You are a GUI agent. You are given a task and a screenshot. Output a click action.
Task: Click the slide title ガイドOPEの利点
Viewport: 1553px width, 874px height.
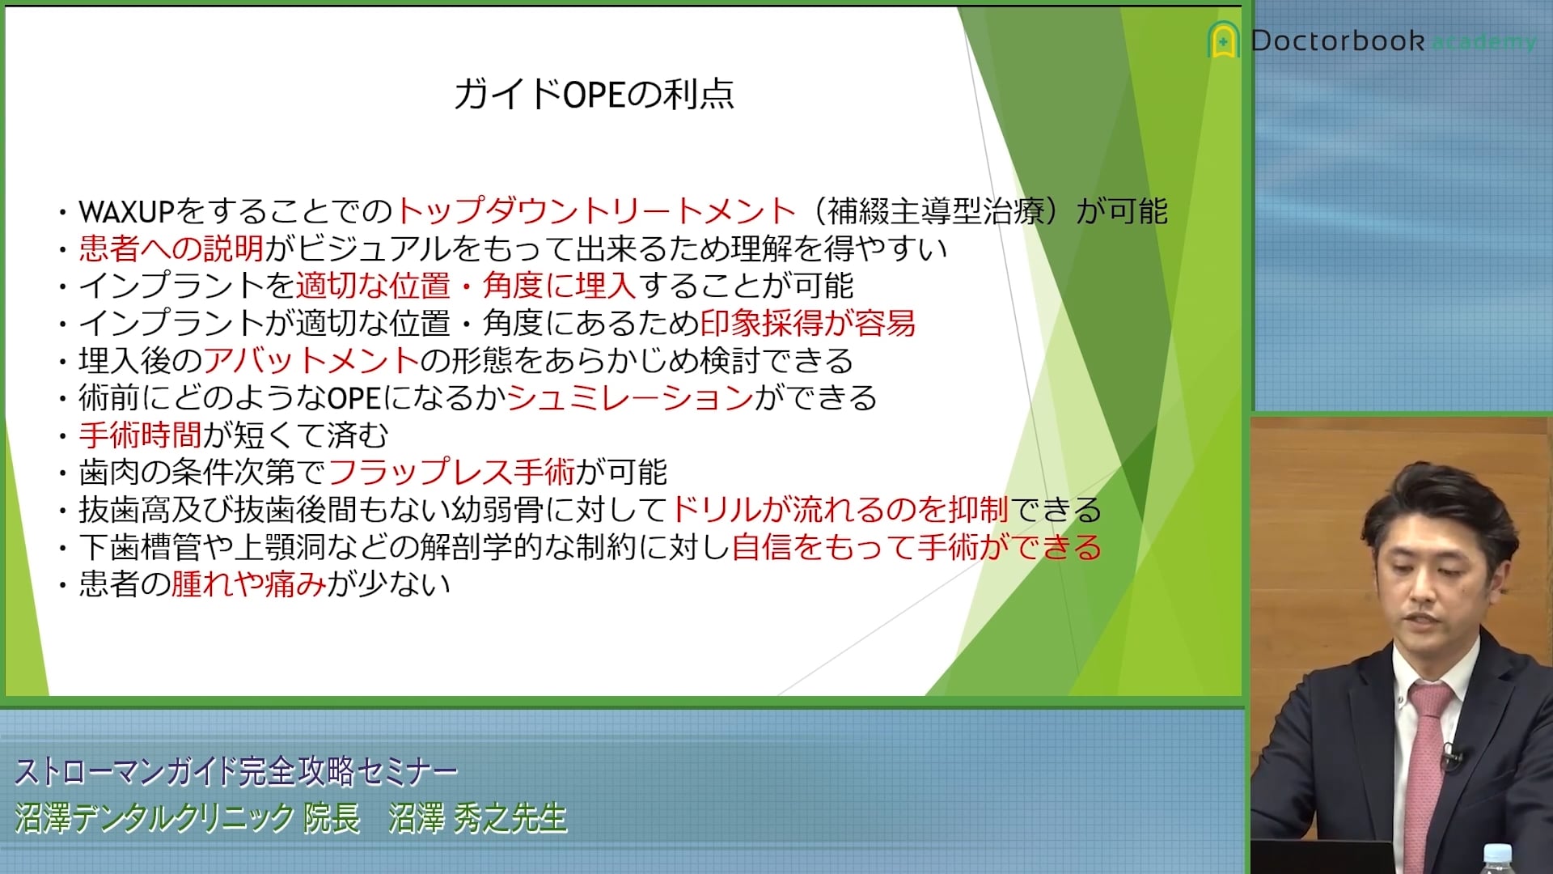pyautogui.click(x=594, y=94)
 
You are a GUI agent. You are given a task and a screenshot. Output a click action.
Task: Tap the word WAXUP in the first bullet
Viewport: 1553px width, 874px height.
pyautogui.click(x=127, y=212)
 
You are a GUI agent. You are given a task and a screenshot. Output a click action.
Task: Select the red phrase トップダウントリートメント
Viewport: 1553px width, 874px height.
pyautogui.click(x=596, y=211)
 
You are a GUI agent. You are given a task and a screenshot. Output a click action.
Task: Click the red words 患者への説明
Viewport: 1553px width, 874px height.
pyautogui.click(x=171, y=248)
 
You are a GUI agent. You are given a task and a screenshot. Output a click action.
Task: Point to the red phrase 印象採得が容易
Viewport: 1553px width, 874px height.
pyautogui.click(x=808, y=323)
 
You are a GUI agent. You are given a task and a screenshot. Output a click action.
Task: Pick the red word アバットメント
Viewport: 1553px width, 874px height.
pyautogui.click(x=311, y=360)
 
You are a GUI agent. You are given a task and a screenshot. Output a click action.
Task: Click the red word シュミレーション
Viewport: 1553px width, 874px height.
pyautogui.click(x=630, y=397)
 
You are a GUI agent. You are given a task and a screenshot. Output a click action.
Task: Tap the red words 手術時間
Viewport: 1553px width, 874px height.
pyautogui.click(x=140, y=435)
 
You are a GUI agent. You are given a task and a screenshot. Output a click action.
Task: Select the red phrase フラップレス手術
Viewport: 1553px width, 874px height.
pyautogui.click(x=451, y=472)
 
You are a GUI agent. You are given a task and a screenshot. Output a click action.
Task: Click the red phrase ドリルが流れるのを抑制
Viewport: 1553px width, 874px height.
pyautogui.click(x=840, y=509)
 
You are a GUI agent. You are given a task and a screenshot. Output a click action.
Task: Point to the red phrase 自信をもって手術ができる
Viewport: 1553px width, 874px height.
pyautogui.click(x=916, y=546)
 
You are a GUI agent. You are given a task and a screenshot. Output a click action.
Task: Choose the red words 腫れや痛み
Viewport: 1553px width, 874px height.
pyautogui.click(x=249, y=583)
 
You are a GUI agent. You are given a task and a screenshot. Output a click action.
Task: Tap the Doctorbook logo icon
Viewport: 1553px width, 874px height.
pyautogui.click(x=1223, y=40)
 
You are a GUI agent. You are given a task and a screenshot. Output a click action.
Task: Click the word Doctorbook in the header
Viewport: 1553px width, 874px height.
pyautogui.click(x=1337, y=40)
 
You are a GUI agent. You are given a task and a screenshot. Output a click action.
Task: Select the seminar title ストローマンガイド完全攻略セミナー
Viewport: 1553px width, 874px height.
pyautogui.click(x=236, y=771)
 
